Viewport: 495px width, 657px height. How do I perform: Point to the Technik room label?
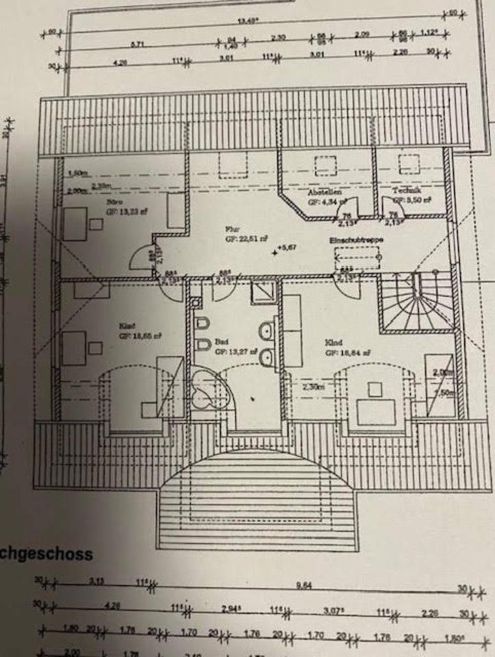(407, 190)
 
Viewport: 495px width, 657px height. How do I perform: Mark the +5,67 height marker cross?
(275, 253)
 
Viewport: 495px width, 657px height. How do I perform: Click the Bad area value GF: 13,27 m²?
(235, 351)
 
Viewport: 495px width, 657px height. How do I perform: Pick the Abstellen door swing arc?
(342, 212)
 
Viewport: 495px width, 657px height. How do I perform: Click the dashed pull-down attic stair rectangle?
(357, 259)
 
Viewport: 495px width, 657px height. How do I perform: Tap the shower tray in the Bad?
(264, 292)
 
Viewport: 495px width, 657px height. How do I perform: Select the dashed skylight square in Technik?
(409, 164)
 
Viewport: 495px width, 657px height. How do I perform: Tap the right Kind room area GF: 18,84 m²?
(351, 352)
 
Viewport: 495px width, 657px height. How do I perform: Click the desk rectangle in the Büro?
(75, 223)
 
